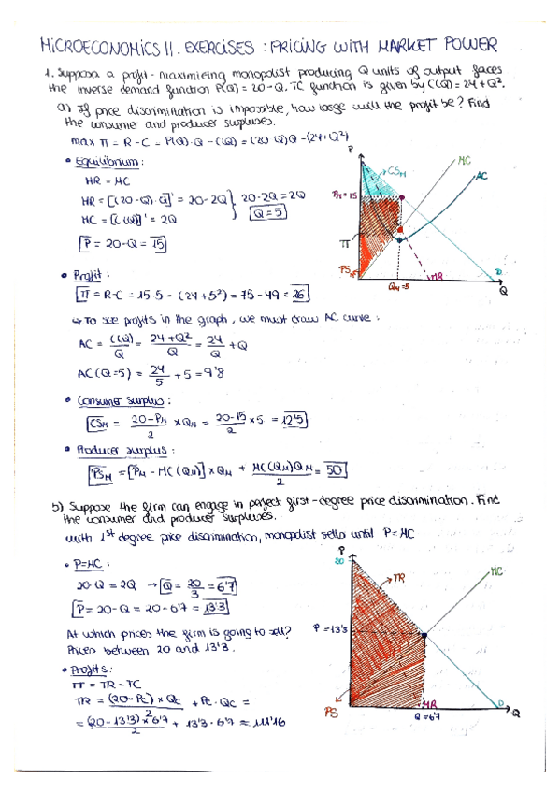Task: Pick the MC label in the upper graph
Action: pos(465,160)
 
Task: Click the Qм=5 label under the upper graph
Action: pos(401,287)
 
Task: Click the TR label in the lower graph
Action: pos(396,579)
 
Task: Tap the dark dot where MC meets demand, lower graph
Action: pos(424,635)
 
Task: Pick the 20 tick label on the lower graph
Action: pos(339,561)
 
